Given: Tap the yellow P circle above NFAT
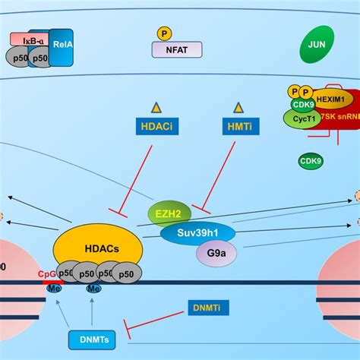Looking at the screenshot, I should point(163,33).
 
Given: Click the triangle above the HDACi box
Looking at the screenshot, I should point(157,108).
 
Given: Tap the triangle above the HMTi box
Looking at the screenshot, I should point(238,108).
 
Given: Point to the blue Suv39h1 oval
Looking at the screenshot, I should point(197,233).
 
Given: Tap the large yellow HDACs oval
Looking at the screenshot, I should point(97,247).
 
